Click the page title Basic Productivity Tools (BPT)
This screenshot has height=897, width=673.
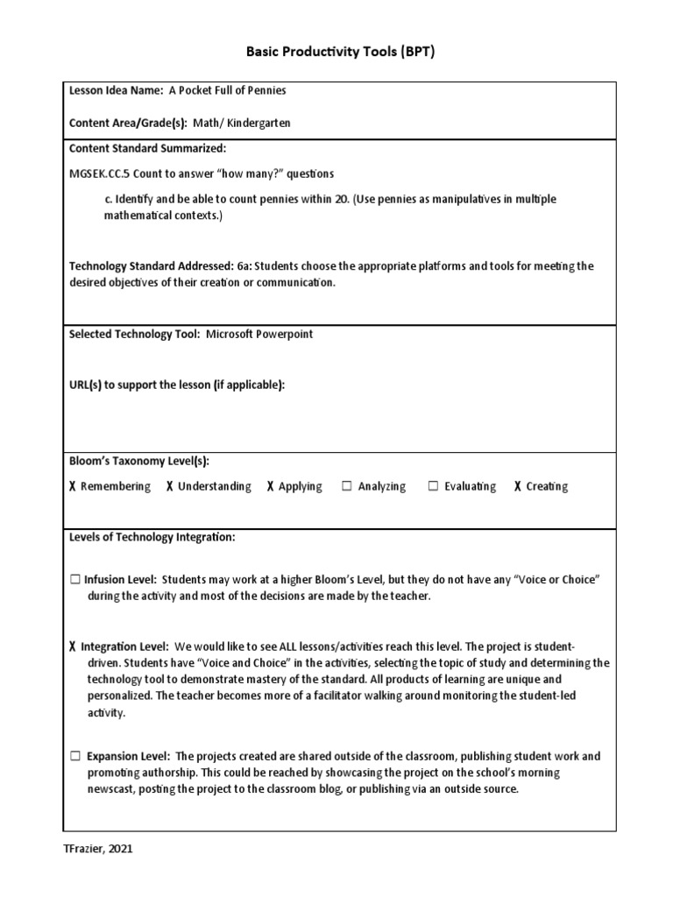point(336,52)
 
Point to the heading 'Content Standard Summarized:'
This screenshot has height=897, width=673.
point(147,148)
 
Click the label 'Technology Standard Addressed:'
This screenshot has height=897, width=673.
point(151,266)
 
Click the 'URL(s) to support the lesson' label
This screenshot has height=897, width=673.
point(176,385)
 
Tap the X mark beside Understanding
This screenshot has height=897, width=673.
point(169,486)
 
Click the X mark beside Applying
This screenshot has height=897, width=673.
point(271,486)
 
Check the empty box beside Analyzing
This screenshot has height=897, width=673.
point(347,486)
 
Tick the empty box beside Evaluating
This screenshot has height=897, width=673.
point(433,486)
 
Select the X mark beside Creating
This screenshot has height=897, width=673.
point(518,486)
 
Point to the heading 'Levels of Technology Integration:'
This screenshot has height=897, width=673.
point(152,537)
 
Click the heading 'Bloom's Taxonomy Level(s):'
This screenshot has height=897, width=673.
point(139,461)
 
